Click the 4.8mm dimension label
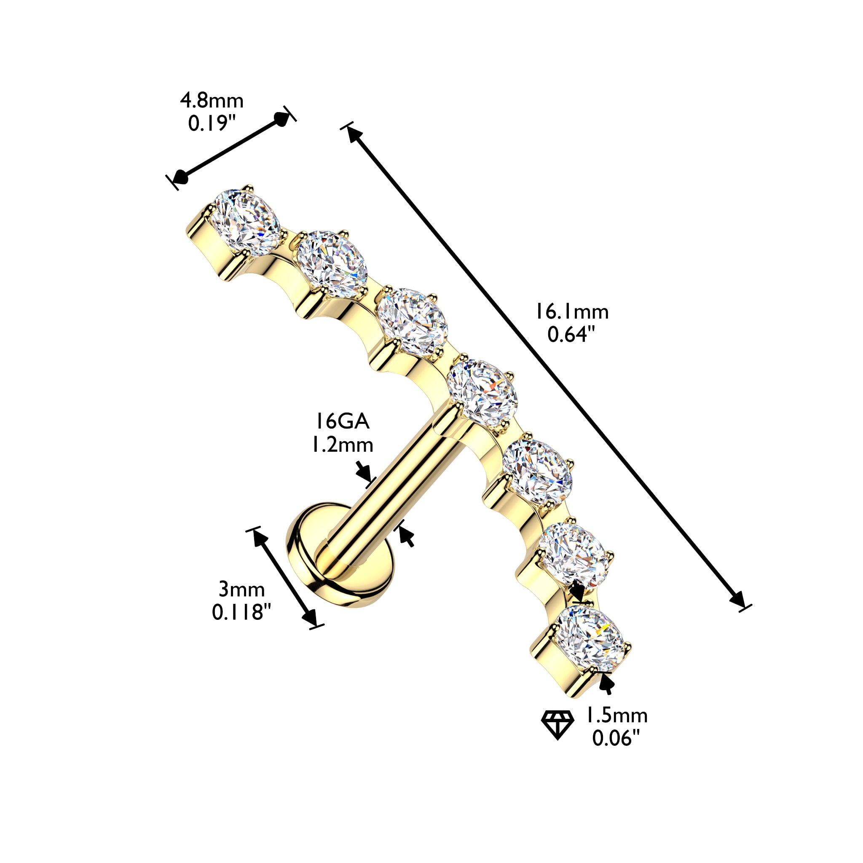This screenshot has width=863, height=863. [212, 102]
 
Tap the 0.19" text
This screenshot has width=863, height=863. [212, 123]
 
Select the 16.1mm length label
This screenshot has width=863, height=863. [572, 312]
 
